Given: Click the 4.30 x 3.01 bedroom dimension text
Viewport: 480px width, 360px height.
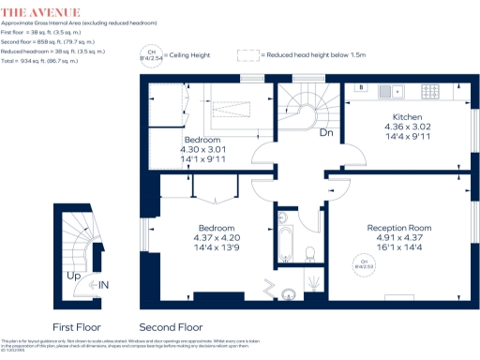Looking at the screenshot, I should click(x=203, y=148).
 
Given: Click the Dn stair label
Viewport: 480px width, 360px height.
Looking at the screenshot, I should click(x=326, y=134).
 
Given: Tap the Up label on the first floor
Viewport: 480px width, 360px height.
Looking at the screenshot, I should click(x=72, y=277).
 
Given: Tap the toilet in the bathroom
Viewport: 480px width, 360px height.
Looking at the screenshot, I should click(x=309, y=253).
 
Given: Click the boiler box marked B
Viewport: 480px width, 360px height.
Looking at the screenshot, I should click(x=361, y=89).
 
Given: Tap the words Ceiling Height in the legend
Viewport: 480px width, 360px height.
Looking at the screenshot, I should click(x=189, y=56).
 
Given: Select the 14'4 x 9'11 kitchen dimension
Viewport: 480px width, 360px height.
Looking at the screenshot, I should click(x=406, y=137).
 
